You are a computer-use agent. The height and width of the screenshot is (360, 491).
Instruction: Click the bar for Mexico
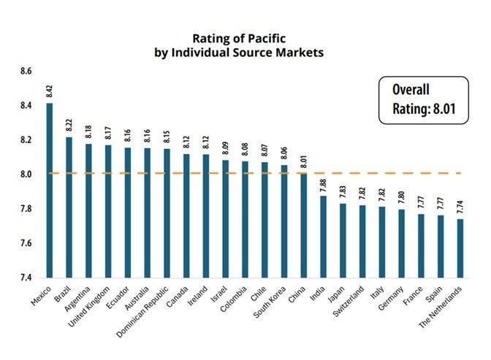(50, 190)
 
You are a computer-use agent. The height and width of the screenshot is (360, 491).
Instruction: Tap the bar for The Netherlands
(460, 248)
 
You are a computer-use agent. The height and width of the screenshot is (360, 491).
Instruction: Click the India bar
(323, 237)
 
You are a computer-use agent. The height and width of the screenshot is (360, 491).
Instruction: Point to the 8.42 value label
(50, 91)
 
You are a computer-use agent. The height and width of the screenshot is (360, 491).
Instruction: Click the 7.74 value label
(460, 207)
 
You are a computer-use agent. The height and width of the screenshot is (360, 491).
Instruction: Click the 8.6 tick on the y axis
(26, 72)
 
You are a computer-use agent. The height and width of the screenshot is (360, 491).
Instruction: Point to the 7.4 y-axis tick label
(26, 277)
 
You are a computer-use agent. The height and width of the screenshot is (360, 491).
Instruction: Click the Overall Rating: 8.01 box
(424, 101)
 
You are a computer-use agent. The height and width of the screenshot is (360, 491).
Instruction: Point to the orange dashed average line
(380, 173)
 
